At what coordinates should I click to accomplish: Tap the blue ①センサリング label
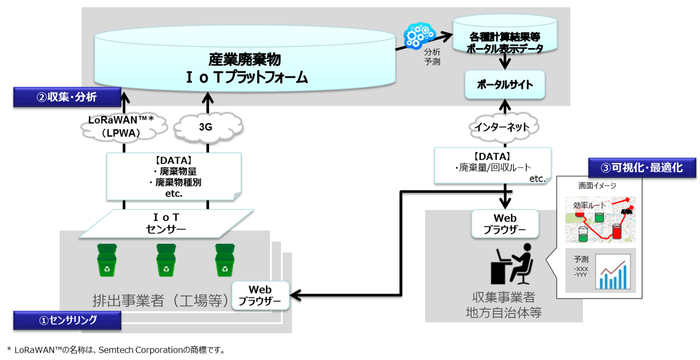tap(60, 320)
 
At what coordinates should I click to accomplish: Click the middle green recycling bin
tap(164, 261)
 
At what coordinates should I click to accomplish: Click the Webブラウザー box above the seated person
tap(492, 221)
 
